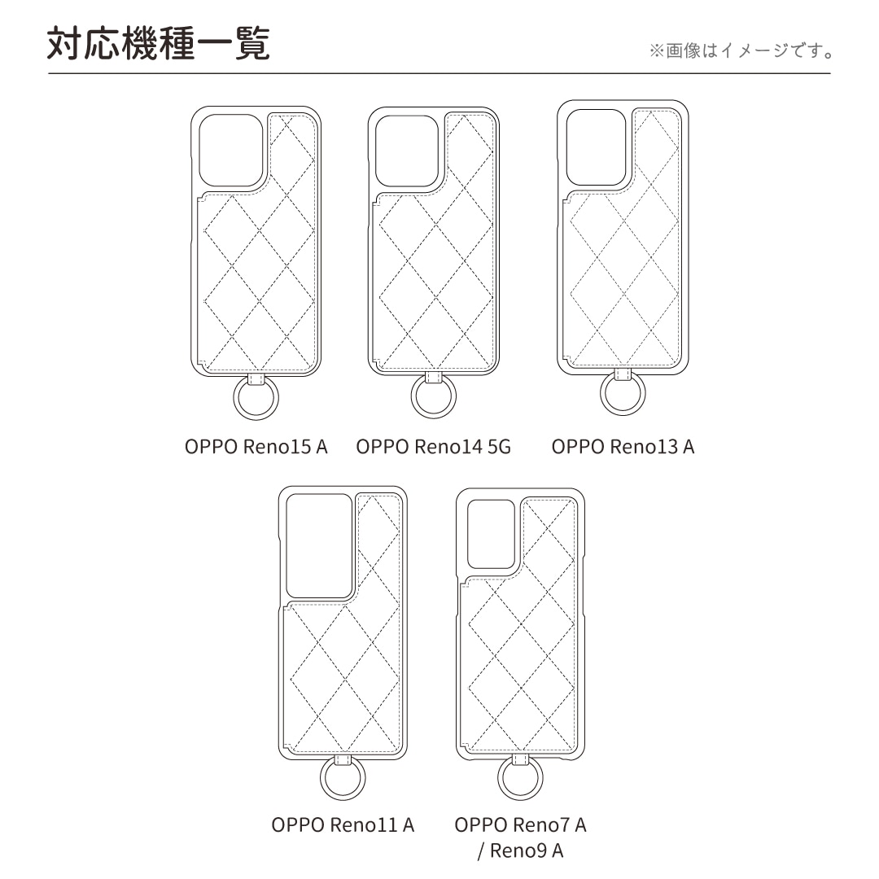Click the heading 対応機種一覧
tap(159, 44)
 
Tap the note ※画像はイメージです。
tap(741, 51)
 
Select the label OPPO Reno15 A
tap(256, 447)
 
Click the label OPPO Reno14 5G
tap(433, 447)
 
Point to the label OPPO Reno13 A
tap(623, 447)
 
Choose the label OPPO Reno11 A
tap(343, 824)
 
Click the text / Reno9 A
tap(520, 851)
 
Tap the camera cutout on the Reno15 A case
tap(231, 151)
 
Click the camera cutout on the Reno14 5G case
tap(407, 151)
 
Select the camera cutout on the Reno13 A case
tap(596, 146)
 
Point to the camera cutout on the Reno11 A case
tap(319, 546)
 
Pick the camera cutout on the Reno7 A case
tap(491, 534)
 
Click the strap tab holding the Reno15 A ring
tap(256, 379)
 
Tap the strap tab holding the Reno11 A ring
tap(343, 759)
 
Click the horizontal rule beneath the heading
tap(439, 73)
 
